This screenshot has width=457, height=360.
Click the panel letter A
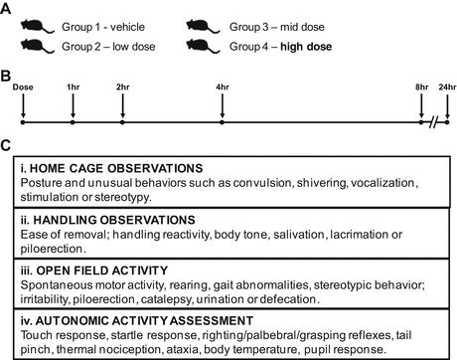point(7,8)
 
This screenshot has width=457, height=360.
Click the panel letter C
point(7,145)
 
